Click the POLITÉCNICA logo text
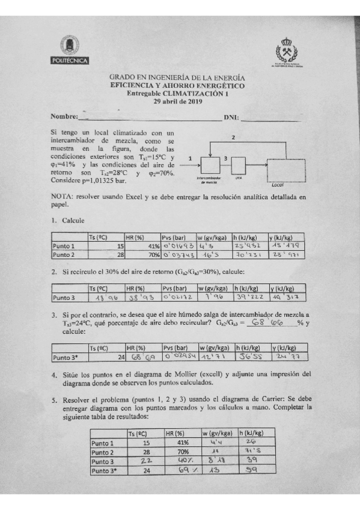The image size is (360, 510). (70, 60)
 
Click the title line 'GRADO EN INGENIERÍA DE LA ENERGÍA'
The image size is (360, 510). (177, 78)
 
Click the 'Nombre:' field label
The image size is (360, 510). (64, 116)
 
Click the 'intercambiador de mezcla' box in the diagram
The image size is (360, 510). (209, 164)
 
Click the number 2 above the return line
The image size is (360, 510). (233, 138)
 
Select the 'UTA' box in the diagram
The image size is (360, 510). (238, 164)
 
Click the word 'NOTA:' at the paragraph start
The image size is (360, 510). (61, 197)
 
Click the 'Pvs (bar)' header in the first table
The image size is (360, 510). (175, 237)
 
